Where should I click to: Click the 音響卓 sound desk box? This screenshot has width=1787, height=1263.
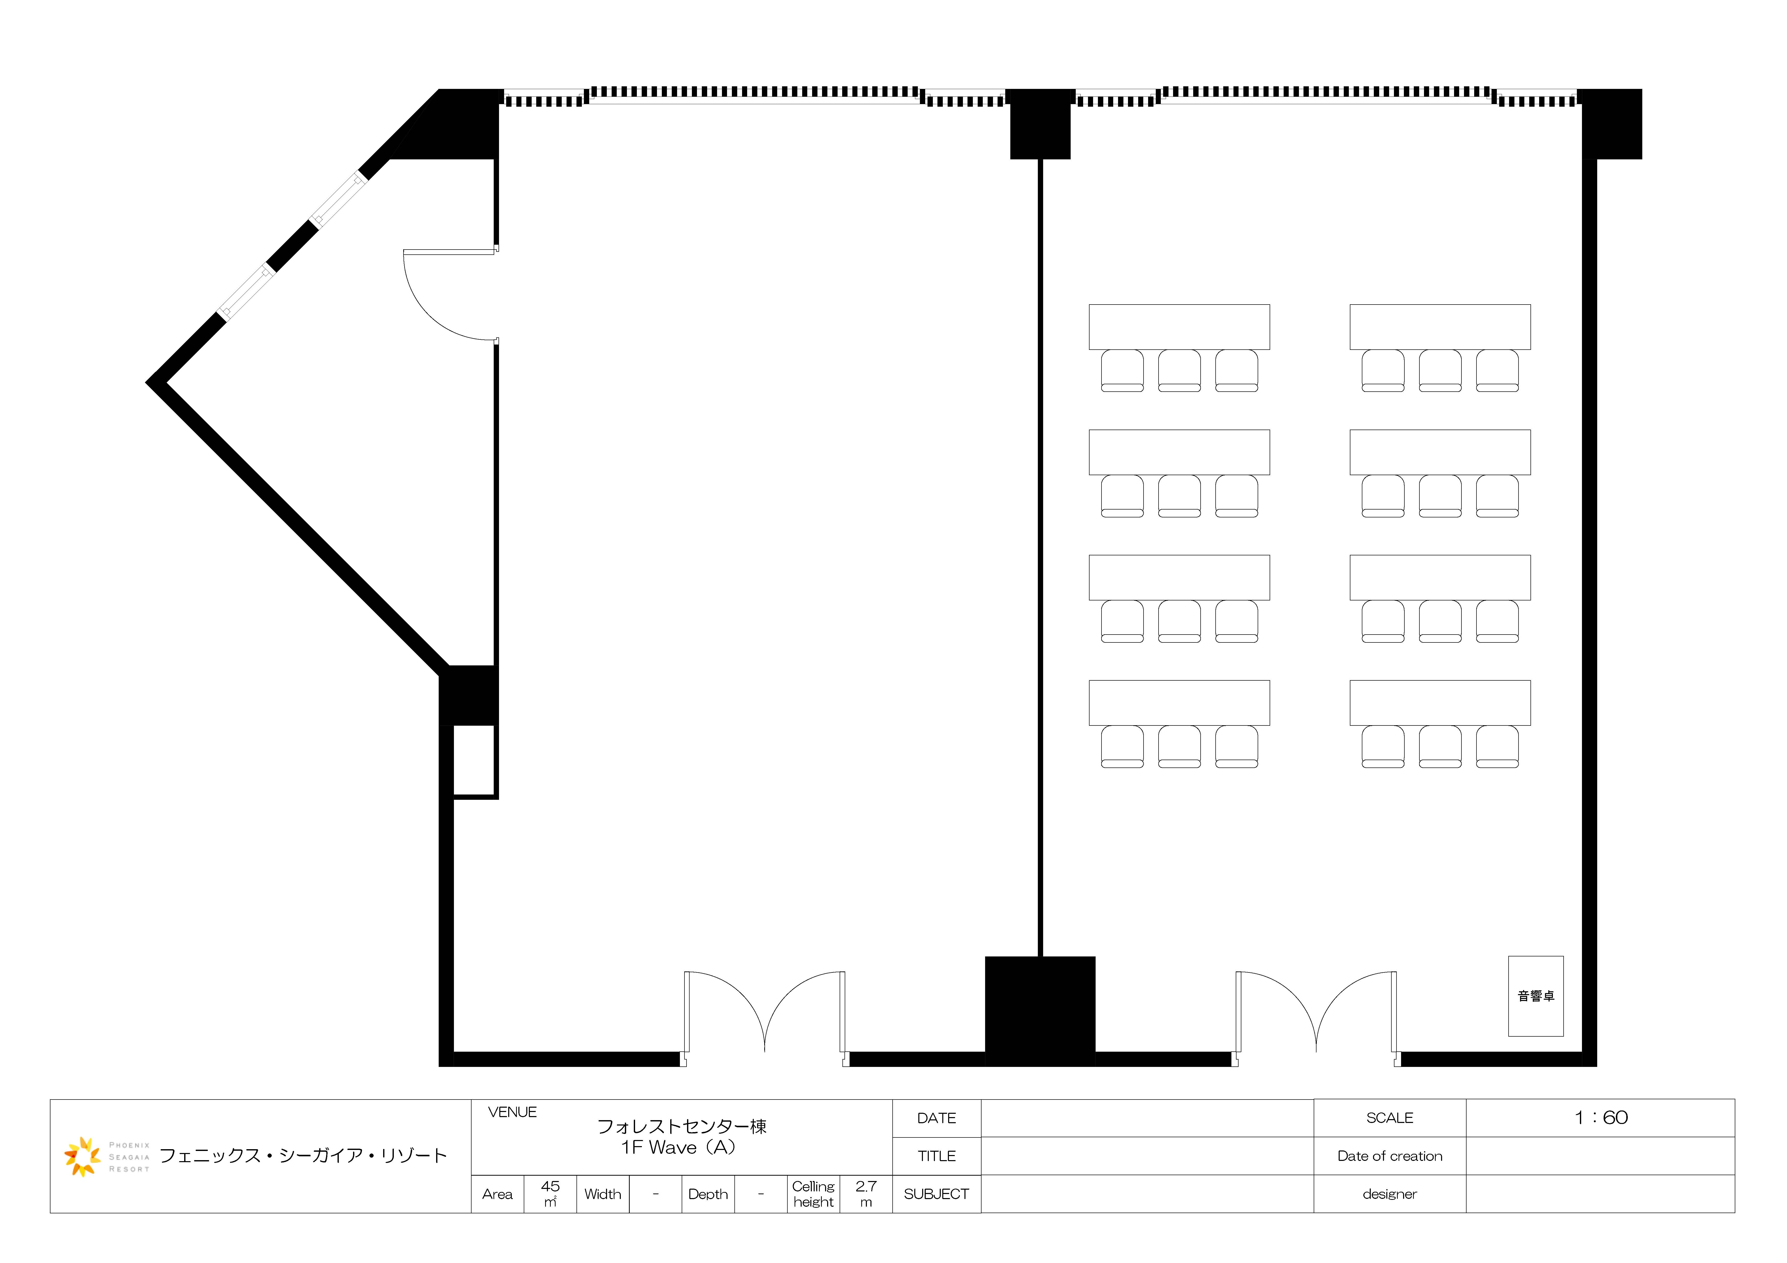point(1536,996)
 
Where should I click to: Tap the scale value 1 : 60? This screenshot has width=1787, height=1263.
point(1601,1118)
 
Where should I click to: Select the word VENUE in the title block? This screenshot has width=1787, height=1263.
point(512,1112)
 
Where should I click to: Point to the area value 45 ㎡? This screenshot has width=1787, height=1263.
point(550,1194)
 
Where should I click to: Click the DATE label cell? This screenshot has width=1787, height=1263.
point(936,1118)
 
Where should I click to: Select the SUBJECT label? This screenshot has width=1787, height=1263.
point(936,1194)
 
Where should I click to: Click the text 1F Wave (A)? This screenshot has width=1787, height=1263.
point(678,1147)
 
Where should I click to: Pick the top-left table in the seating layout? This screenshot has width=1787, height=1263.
point(1179,327)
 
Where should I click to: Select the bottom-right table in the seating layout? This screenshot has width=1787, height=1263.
point(1440,703)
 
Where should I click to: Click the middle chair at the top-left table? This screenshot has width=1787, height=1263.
point(1179,370)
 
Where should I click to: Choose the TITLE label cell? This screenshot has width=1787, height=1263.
point(936,1156)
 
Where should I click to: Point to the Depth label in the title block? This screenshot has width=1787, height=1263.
point(707,1195)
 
